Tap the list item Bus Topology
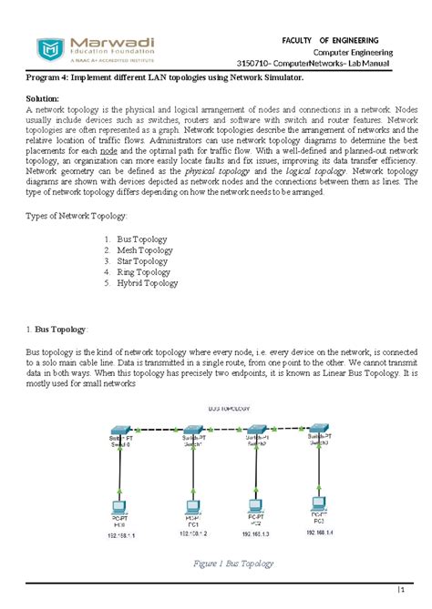pos(144,239)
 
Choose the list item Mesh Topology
pos(144,250)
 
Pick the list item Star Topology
pos(142,261)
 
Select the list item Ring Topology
pos(143,272)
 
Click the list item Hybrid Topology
pos(147,283)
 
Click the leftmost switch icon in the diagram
pos(120,431)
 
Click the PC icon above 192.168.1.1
pos(118,506)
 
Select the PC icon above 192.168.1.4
pos(317,502)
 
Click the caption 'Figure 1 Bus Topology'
pos(234,563)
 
